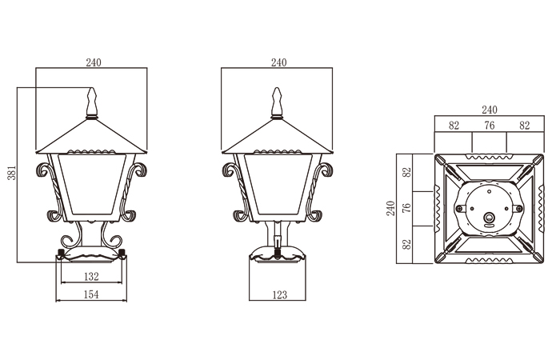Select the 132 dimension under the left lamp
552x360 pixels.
91,277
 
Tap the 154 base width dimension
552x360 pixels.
91,295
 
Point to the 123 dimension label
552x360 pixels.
278,295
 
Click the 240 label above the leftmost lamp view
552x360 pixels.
92,62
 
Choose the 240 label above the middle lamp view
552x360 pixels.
278,62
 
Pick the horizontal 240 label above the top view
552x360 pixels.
490,110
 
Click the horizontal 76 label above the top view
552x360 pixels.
490,125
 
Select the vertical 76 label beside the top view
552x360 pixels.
406,207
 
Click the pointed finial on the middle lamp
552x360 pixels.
278,102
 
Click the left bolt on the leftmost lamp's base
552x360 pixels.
61,254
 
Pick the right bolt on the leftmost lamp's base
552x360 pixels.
122,254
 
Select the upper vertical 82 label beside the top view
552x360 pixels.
406,172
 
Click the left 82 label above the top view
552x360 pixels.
454,125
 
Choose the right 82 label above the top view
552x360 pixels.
525,125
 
